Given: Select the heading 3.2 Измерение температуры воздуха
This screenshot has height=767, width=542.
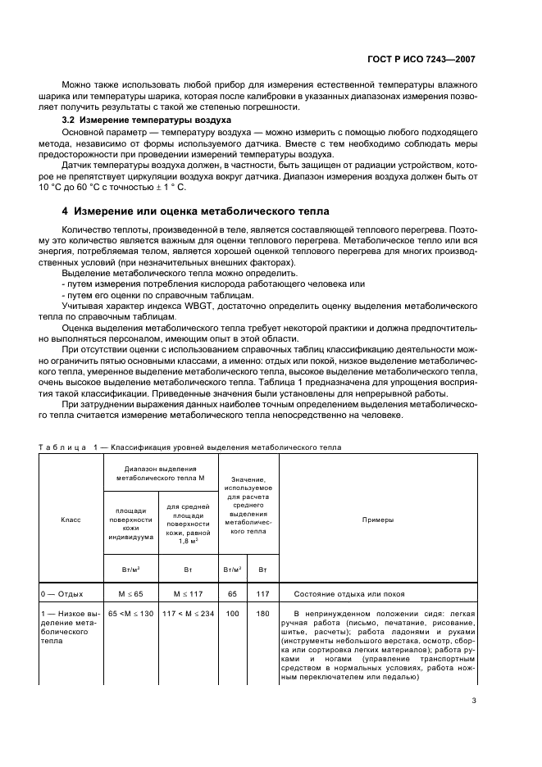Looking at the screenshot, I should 139,120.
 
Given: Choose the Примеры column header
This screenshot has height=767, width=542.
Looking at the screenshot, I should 377,520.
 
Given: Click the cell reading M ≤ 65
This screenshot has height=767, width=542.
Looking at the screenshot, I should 130,594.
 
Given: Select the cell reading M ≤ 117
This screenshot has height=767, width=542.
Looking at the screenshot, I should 188,594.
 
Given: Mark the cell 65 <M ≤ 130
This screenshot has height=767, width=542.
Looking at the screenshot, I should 130,614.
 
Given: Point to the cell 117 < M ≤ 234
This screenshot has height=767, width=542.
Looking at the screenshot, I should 188,614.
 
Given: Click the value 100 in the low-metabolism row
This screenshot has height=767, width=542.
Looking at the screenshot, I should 232,614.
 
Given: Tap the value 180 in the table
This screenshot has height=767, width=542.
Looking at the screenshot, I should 262,614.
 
